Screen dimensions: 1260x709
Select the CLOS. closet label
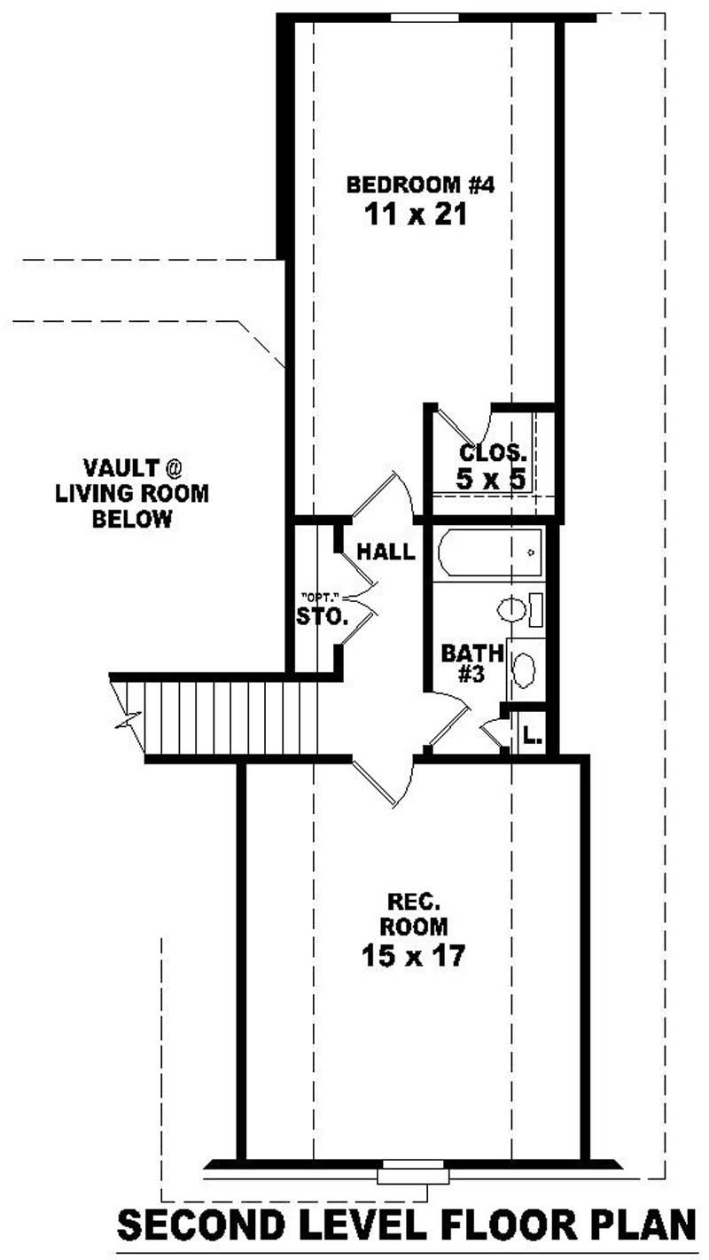(493, 451)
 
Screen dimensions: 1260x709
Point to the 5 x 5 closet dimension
(493, 479)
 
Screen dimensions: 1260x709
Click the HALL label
(385, 552)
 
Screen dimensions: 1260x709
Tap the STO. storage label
(323, 615)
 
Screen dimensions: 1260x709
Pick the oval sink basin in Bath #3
(524, 669)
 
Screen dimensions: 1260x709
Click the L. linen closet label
(532, 735)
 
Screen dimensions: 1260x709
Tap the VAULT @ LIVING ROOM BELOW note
(132, 493)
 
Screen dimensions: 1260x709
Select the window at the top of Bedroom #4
(425, 17)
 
